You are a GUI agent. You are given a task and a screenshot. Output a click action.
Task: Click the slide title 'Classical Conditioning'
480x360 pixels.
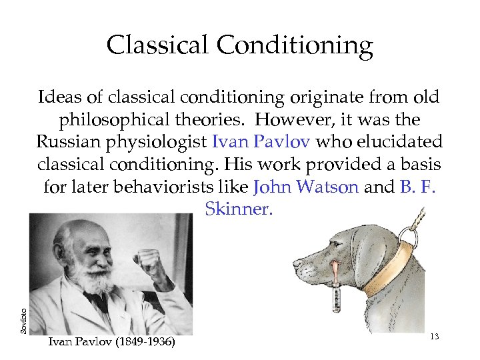click(239, 45)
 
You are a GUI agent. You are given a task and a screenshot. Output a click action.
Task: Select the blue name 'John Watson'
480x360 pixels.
click(307, 187)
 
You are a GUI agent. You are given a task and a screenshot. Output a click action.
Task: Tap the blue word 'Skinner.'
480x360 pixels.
click(239, 209)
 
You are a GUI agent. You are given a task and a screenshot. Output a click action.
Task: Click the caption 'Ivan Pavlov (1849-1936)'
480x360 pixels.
click(111, 343)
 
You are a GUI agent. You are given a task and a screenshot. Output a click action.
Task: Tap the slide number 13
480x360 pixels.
click(434, 337)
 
